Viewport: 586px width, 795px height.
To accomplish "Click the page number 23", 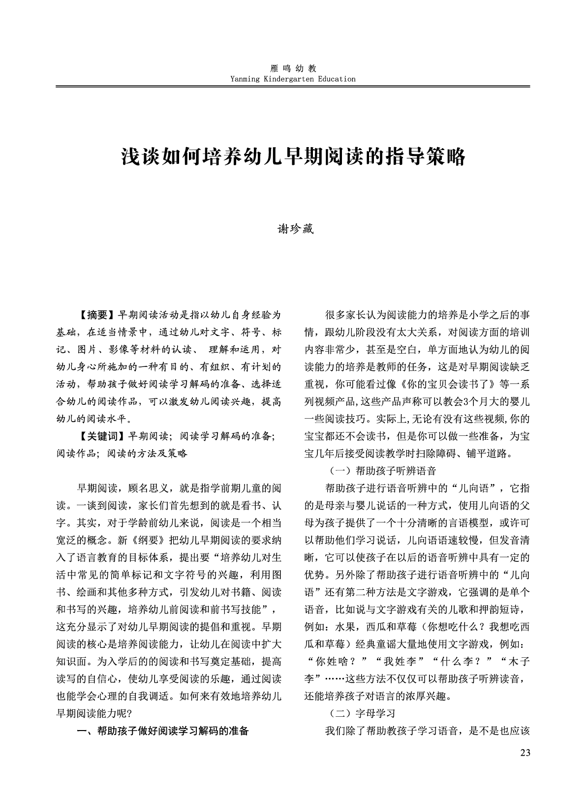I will point(524,753).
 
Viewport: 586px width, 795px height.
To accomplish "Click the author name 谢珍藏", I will point(293,230).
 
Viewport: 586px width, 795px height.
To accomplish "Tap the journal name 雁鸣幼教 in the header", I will point(293,69).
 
